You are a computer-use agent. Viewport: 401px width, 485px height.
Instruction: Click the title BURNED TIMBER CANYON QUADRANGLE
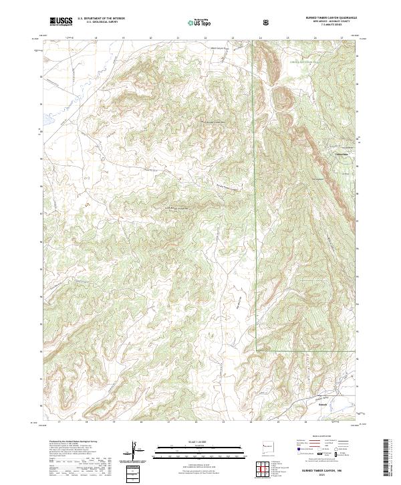coord(329,18)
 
